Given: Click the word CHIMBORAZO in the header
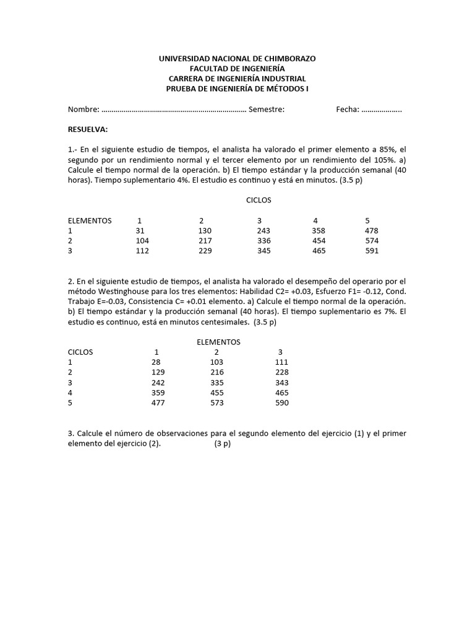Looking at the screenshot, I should (289, 58).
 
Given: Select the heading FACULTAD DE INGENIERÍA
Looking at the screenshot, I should (237, 68).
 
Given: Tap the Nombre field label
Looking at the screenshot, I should (83, 110).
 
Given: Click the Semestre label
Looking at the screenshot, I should (266, 110).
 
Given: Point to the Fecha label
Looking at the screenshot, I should (347, 110).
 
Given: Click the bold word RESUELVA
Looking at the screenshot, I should (88, 129).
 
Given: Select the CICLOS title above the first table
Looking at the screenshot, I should (258, 200).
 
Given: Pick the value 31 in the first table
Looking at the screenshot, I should (140, 230).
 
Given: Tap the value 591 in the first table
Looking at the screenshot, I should (372, 251).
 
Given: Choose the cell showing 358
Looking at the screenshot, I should (319, 230).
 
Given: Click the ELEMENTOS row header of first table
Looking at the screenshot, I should (90, 220).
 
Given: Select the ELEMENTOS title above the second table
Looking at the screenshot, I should (218, 342).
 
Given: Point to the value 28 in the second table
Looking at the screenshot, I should (156, 362).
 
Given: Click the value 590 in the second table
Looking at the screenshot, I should (281, 403).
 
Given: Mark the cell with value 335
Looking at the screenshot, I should (216, 383).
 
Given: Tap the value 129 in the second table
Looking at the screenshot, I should (158, 372).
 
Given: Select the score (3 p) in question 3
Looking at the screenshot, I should (222, 445).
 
